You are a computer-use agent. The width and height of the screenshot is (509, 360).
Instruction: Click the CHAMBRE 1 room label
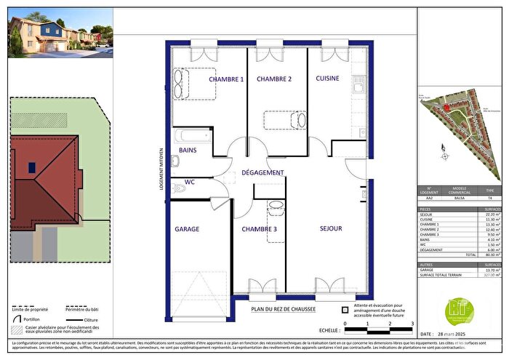(x=226, y=79)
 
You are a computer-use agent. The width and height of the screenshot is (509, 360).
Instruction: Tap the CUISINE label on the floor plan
(x=327, y=79)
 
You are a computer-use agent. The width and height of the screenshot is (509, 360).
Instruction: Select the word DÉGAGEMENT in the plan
(x=262, y=172)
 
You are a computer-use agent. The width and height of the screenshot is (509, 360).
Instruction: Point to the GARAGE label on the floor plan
(x=187, y=229)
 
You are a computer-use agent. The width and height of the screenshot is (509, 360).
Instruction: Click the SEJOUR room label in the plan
(x=331, y=228)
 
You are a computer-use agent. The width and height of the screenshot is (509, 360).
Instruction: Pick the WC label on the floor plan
(x=189, y=180)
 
